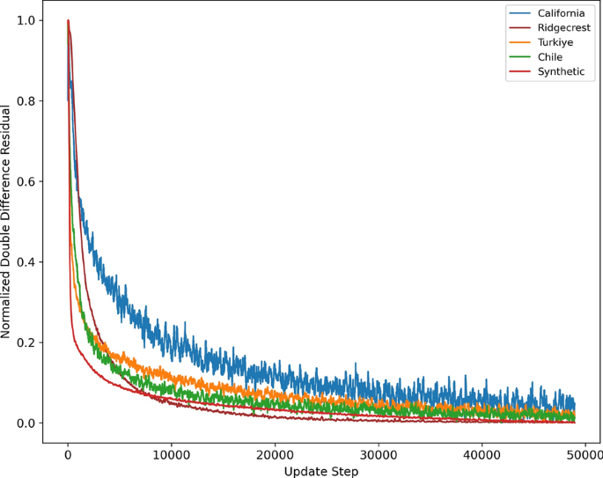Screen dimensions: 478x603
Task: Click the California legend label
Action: [562, 13]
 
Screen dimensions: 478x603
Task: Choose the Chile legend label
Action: [550, 57]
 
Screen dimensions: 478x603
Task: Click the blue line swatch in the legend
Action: [520, 13]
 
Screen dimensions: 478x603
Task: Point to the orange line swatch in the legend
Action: [520, 42]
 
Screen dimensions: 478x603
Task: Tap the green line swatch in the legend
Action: [520, 57]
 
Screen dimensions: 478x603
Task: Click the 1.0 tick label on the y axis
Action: [26, 20]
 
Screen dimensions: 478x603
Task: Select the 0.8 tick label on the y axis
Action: [26, 101]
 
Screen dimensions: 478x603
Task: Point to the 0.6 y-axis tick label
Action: [26, 181]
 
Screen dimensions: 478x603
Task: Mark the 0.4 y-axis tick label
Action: [26, 262]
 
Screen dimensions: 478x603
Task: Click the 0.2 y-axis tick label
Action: [26, 342]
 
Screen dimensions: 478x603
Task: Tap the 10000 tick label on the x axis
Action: [171, 454]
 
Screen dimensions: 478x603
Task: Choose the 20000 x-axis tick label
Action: [275, 454]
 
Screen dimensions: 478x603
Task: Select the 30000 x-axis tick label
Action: [378, 454]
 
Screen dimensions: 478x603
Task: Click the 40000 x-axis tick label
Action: [482, 454]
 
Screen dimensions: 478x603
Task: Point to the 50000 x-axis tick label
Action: [583, 454]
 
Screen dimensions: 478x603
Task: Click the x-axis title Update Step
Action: [320, 471]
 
